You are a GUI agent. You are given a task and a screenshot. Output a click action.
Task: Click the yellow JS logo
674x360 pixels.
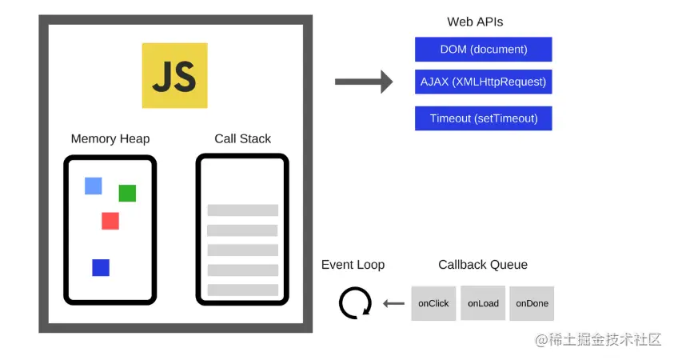pos(174,75)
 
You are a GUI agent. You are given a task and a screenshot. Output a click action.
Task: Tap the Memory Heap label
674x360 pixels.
pos(110,138)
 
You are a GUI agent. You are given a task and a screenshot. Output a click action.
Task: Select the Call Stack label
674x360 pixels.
pos(242,138)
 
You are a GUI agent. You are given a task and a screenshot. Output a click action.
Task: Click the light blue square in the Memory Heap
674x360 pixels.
pos(94,186)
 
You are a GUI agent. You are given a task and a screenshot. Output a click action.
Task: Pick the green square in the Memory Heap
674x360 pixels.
pos(127,193)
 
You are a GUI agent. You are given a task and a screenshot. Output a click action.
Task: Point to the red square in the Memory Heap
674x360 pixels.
pos(110,221)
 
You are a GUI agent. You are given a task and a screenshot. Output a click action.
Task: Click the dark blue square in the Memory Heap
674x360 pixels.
pos(101,267)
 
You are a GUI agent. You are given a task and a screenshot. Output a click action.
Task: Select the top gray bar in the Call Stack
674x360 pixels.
pos(242,210)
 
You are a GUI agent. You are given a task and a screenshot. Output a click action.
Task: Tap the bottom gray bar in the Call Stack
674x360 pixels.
pos(242,290)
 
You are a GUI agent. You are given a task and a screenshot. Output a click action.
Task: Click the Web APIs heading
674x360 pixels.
pos(475,22)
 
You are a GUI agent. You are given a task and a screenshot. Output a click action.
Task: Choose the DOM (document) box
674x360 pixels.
pos(483,49)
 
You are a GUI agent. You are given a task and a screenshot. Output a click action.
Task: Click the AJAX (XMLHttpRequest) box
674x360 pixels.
pos(483,81)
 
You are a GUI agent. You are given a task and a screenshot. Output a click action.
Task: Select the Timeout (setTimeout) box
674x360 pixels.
pos(483,118)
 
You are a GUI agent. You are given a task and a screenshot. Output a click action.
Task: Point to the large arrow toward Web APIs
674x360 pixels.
pos(363,81)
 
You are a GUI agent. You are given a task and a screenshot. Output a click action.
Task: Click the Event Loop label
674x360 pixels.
pos(353,265)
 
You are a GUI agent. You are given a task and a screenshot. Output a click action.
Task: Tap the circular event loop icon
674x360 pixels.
pos(355,303)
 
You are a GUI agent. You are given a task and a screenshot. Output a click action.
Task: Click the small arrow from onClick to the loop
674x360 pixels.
pos(393,303)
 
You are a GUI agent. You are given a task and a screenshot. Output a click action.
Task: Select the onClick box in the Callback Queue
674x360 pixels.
pos(433,303)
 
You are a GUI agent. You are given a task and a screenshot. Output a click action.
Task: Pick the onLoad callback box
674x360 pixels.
pos(483,303)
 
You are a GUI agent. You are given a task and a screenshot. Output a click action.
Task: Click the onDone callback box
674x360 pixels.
pos(532,303)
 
